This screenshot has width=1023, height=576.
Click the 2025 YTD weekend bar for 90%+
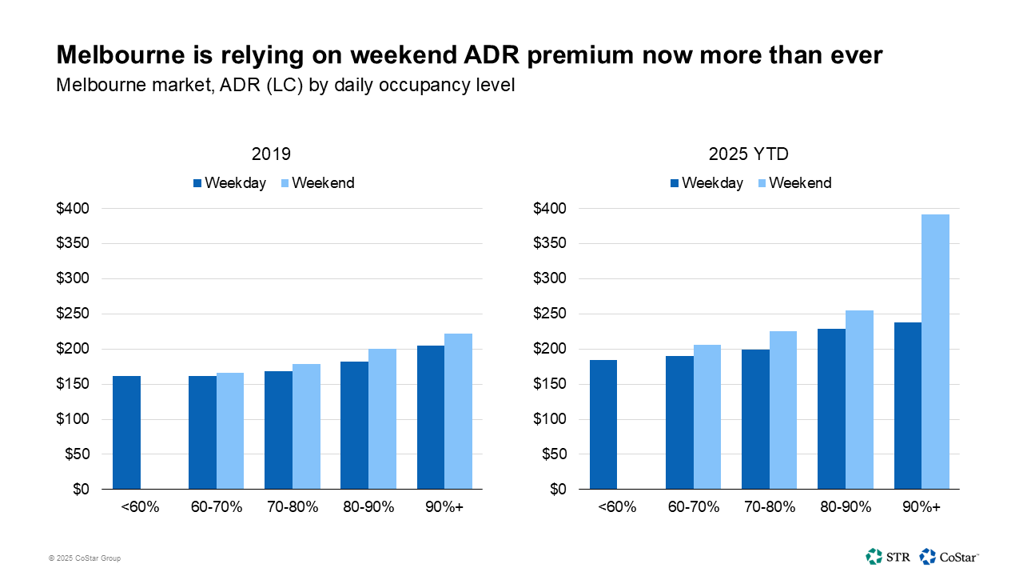pyautogui.click(x=935, y=352)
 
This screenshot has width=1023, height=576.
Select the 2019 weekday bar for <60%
pyautogui.click(x=126, y=433)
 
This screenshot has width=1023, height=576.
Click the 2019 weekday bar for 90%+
pyautogui.click(x=431, y=417)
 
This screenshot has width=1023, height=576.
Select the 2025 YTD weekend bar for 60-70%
pyautogui.click(x=707, y=417)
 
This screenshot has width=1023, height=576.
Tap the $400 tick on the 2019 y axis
pyautogui.click(x=73, y=209)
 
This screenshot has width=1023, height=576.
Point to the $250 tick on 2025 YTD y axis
pyautogui.click(x=550, y=314)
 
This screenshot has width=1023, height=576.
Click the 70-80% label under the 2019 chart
pyautogui.click(x=293, y=507)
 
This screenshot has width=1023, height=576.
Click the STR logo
pyautogui.click(x=886, y=556)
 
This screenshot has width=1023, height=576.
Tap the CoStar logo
pyautogui.click(x=949, y=556)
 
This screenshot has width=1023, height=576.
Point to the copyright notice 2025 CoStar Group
pyautogui.click(x=84, y=558)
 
